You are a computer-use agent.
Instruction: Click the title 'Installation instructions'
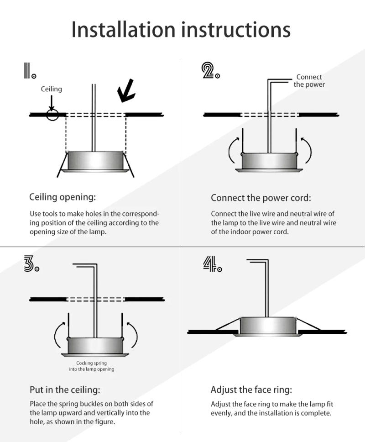coord(181,29)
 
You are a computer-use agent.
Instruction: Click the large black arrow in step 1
coord(125,90)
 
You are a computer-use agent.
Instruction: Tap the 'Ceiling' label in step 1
coord(51,89)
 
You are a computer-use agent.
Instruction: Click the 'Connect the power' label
coord(309,81)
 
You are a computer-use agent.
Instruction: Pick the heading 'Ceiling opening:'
coord(63,197)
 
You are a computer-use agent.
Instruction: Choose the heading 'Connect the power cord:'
coord(261,198)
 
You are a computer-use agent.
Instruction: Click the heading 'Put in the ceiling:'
coord(64,390)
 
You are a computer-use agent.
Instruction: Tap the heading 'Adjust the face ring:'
coord(251,390)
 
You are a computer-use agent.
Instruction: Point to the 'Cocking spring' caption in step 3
coord(91,366)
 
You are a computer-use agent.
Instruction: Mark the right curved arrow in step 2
coord(307,148)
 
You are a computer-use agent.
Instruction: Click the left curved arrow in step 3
coord(58,336)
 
